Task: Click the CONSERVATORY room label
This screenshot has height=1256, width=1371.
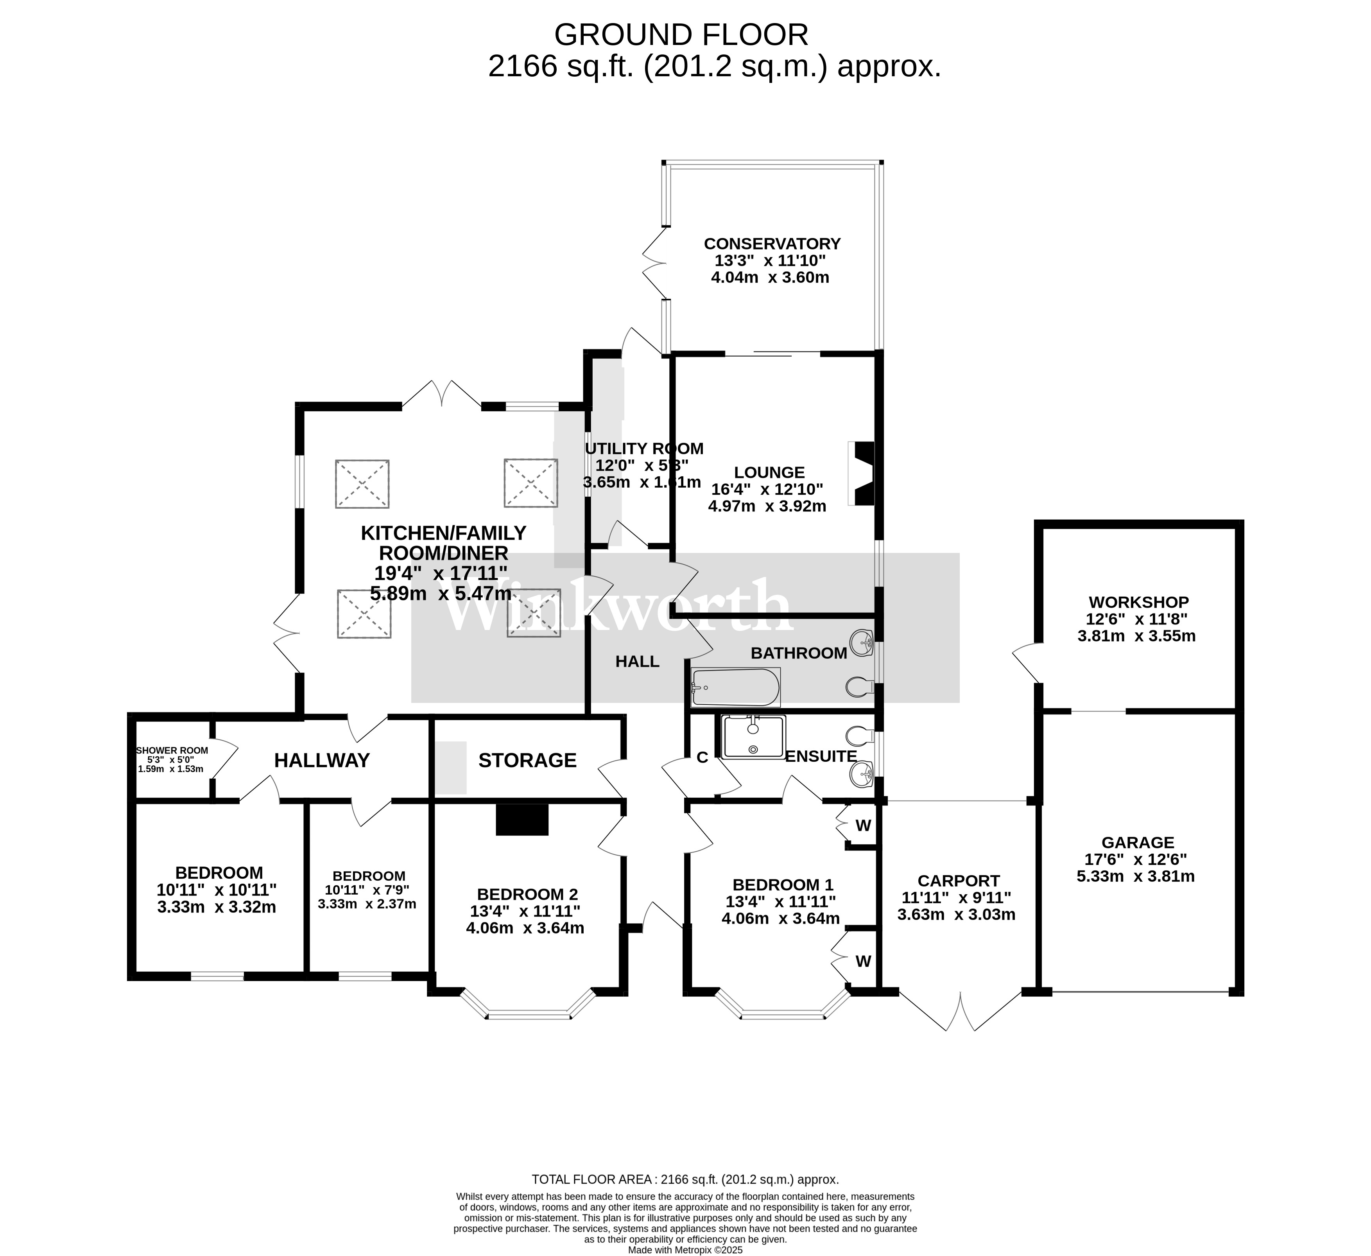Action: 772,244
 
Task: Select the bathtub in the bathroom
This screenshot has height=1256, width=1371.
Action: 735,687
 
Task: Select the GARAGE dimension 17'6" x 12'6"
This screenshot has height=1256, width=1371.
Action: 1138,859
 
